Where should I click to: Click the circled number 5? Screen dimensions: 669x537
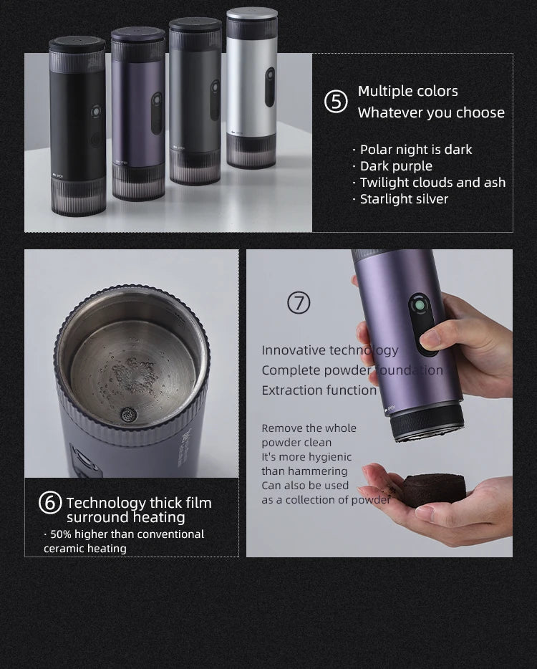click(336, 102)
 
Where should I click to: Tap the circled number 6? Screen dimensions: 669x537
click(49, 504)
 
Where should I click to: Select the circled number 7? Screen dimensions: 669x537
click(299, 303)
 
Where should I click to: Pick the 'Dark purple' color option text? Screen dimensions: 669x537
click(396, 166)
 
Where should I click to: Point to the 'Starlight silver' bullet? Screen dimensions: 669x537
click(404, 199)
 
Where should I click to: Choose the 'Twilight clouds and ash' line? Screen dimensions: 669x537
click(432, 183)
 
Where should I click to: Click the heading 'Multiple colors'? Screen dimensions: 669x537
click(407, 91)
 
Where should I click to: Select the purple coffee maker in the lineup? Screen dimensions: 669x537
click(138, 115)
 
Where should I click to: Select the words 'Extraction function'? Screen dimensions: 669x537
click(319, 390)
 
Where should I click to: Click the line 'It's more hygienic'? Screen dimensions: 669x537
click(306, 457)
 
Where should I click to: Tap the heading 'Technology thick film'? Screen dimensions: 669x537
click(139, 503)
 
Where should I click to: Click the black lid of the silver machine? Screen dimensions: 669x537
click(252, 14)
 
